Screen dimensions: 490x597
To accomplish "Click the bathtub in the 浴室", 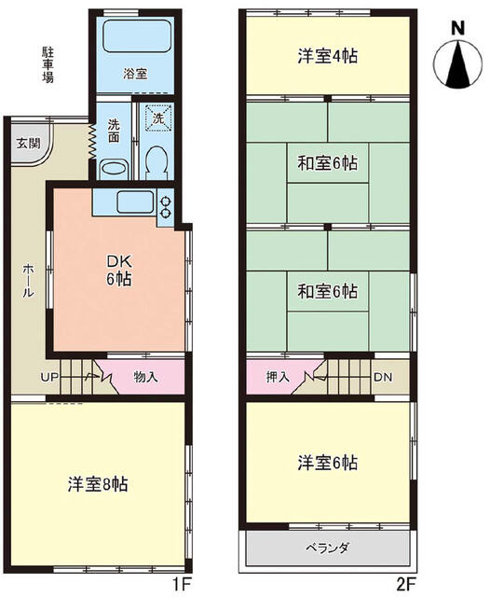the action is pos(136,36).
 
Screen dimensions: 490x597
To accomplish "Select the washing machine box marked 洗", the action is pos(158,118).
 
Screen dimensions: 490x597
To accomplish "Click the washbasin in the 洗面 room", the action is pos(113,169).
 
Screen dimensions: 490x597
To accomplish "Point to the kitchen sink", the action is pos(135,202).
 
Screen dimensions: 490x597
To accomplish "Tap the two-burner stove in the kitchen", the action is pos(166,206).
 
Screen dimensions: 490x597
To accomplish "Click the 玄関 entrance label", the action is pos(29,144).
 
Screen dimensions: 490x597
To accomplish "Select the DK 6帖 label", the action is pos(119,271).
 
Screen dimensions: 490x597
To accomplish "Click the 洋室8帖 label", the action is pos(98,484).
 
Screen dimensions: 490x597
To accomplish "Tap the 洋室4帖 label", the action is pos(327,56).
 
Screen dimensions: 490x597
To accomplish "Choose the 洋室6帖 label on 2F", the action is pos(327,463).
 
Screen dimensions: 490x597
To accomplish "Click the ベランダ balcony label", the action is pos(327,548).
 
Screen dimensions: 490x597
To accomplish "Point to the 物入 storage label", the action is pos(145,377).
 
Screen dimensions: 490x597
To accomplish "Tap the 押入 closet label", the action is pos(278,377).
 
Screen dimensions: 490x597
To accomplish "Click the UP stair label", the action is pos(49,377).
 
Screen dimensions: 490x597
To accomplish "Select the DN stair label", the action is pos(383,377).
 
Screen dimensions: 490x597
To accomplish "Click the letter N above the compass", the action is pos(458,29).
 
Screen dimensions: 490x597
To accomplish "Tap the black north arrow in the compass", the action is pos(458,64).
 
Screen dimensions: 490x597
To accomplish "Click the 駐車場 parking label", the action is pos(48,64).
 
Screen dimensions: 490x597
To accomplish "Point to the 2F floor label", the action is pos(406,584).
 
